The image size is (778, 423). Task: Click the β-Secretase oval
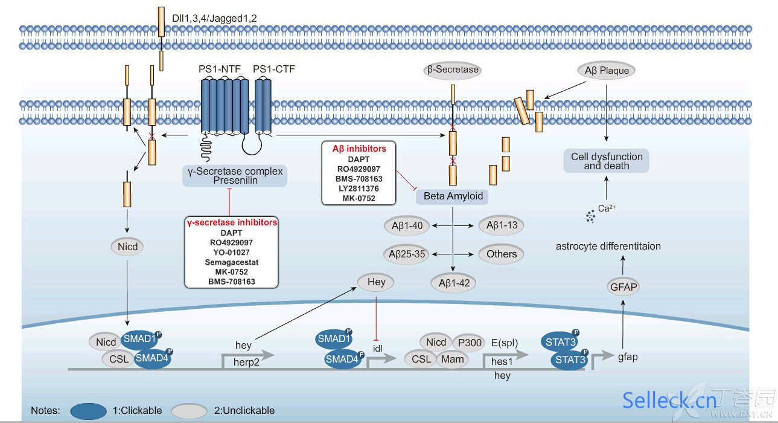click(x=453, y=69)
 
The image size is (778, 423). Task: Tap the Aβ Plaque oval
click(x=607, y=70)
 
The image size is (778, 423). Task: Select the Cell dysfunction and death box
click(x=607, y=161)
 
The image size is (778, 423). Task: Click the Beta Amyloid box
click(x=452, y=196)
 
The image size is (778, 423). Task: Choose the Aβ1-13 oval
click(x=501, y=225)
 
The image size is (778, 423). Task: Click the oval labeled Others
click(x=501, y=254)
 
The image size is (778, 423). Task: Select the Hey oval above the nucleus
click(x=376, y=282)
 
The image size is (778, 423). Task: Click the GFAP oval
click(x=623, y=287)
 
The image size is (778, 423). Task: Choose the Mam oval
click(x=452, y=359)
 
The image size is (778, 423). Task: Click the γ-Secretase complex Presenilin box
click(x=235, y=176)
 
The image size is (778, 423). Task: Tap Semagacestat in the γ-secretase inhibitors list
click(x=232, y=262)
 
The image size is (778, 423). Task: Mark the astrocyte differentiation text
click(x=608, y=246)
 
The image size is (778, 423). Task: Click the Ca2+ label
click(x=607, y=208)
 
